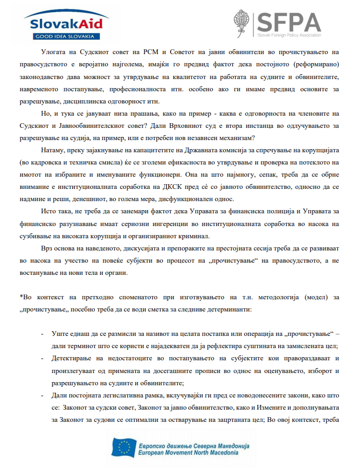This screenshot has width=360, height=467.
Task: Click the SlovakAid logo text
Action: pos(62,24)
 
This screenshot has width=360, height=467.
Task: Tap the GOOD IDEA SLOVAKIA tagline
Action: pos(63,36)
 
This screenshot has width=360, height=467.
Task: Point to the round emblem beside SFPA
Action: pos(243,22)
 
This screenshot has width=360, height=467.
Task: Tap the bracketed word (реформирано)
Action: pos(309,66)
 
